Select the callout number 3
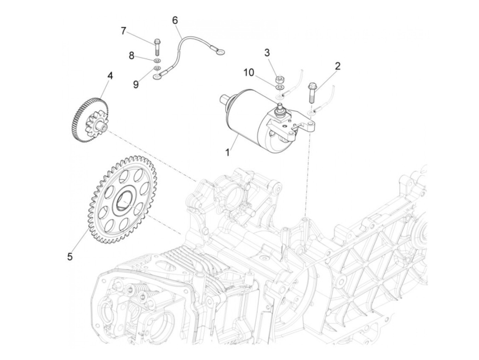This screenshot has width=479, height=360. pyautogui.click(x=267, y=53)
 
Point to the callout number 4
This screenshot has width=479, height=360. pyautogui.click(x=110, y=76)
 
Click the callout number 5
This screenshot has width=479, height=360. pyautogui.click(x=70, y=256)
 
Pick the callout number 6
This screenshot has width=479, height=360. pyautogui.click(x=175, y=21)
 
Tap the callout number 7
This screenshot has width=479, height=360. pyautogui.click(x=124, y=31)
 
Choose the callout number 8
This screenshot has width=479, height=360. pyautogui.click(x=132, y=55)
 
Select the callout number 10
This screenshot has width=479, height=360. pyautogui.click(x=249, y=73)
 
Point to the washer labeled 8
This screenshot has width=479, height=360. pyautogui.click(x=157, y=61)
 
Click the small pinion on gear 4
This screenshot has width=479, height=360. pyautogui.click(x=99, y=125)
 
